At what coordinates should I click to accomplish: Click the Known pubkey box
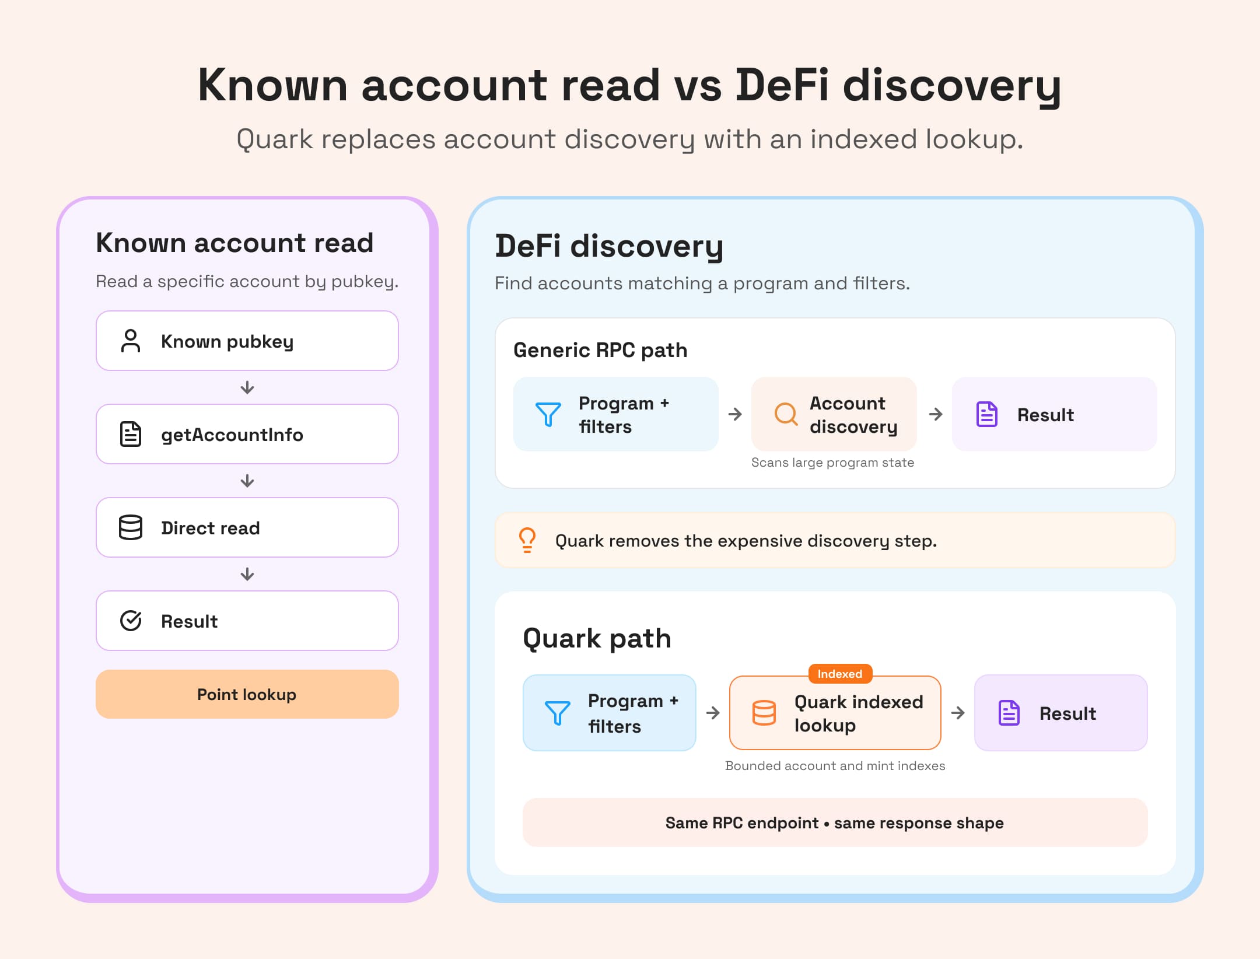[247, 341]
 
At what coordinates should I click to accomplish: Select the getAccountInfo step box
[247, 434]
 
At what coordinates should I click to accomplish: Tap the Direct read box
[247, 527]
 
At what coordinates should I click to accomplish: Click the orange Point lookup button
[247, 694]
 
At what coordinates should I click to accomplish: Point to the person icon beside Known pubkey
[131, 341]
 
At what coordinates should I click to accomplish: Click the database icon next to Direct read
[131, 527]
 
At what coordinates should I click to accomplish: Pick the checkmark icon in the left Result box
[131, 621]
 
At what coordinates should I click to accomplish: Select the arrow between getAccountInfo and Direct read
[247, 481]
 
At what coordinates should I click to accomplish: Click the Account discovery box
[834, 414]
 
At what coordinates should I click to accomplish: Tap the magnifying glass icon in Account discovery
[785, 414]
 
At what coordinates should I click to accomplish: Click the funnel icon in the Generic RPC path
[548, 414]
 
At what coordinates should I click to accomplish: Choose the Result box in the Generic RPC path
[1055, 414]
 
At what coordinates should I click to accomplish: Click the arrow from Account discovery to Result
[936, 414]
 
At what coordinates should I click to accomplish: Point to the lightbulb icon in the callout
[527, 540]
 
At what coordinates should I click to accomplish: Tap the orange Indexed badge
[840, 674]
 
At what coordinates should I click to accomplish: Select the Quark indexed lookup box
[835, 713]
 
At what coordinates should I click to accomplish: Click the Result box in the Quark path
[1061, 713]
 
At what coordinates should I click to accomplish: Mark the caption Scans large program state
[833, 463]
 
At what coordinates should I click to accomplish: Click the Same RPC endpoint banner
[835, 822]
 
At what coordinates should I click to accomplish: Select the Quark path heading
[597, 639]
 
